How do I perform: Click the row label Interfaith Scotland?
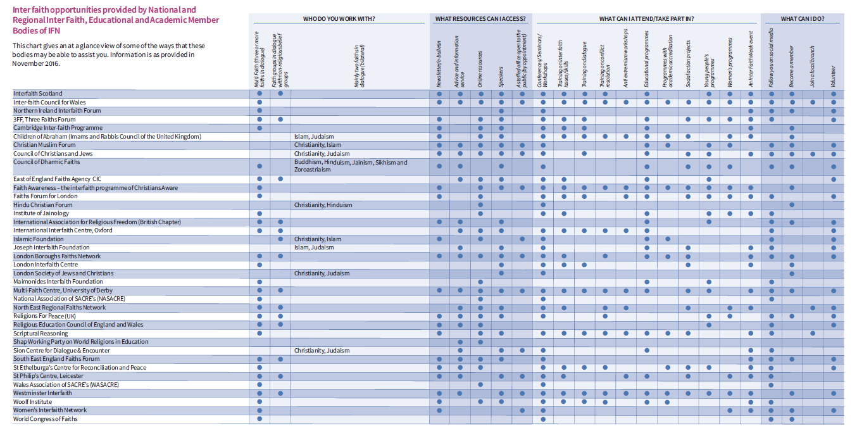[38, 94]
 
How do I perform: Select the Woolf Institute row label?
[32, 402]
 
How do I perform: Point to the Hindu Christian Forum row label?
[43, 205]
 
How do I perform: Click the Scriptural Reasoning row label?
[41, 334]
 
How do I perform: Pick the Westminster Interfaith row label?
[42, 393]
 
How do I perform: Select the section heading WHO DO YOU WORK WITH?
[339, 19]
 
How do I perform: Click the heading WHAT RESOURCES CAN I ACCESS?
[480, 19]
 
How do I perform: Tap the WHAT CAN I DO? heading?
[802, 19]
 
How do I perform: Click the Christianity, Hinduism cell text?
[323, 205]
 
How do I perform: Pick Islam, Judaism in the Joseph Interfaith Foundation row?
[314, 248]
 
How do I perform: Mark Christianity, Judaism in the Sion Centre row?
[322, 351]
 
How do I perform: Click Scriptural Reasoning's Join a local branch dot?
[813, 334]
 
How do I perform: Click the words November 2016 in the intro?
[35, 63]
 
